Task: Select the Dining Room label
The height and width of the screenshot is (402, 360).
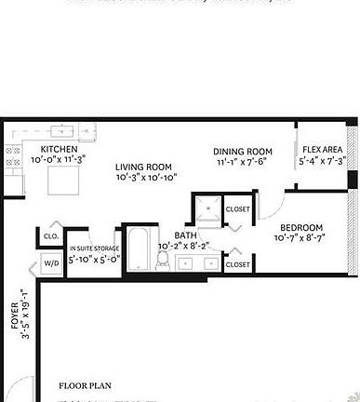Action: (x=242, y=152)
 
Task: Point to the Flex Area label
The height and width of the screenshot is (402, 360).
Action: (x=322, y=150)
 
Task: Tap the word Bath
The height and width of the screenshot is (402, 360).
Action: (x=185, y=235)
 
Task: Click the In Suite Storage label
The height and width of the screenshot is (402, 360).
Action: (x=93, y=248)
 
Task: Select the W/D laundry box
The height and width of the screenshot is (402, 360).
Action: (x=49, y=264)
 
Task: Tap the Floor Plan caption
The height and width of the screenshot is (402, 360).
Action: (x=86, y=383)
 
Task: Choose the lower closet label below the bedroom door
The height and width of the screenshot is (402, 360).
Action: (x=238, y=264)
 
